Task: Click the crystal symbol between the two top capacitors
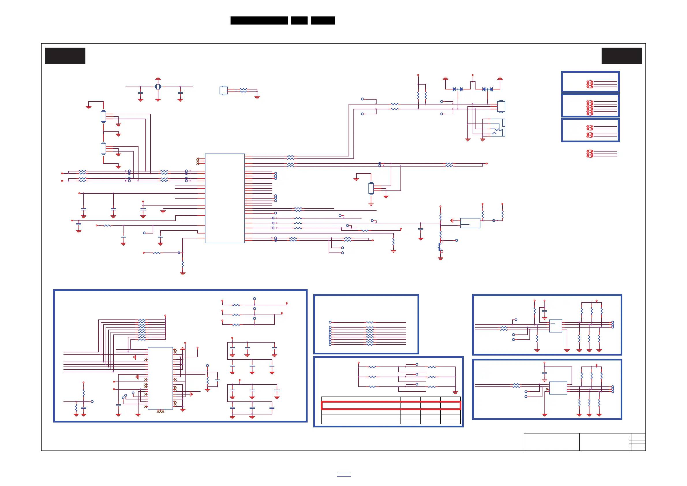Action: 158,87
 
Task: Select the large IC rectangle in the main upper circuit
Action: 225,198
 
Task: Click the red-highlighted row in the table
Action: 391,405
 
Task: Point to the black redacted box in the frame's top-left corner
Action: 65,56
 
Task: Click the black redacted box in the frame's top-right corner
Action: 622,56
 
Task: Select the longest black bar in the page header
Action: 259,20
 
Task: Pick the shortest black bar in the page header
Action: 299,20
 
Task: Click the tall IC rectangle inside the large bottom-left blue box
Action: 160,378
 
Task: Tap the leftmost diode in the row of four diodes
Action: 454,89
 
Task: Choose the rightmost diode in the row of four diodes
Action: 491,89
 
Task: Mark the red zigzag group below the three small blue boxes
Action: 590,154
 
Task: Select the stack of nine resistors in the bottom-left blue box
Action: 142,330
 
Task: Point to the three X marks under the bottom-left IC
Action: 160,412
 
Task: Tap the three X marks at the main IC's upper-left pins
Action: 197,161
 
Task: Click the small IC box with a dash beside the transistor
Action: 470,223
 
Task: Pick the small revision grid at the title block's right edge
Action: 637,442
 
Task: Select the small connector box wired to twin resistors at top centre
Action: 224,90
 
